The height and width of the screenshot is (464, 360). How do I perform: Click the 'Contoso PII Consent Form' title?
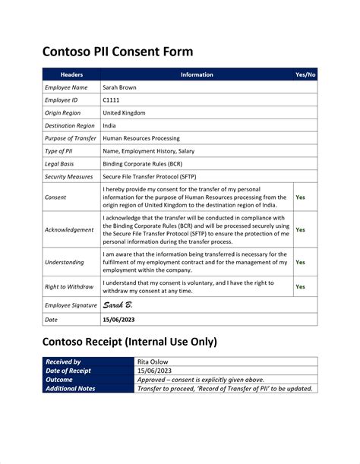117,52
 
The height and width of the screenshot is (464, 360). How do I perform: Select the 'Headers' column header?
71,75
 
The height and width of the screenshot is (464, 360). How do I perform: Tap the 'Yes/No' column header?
305,75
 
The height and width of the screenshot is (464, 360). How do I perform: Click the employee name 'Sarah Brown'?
120,88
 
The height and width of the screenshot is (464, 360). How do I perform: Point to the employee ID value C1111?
112,100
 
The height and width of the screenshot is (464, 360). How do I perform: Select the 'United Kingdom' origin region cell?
124,113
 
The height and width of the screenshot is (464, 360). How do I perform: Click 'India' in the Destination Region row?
109,125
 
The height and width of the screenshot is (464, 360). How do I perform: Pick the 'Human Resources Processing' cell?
141,138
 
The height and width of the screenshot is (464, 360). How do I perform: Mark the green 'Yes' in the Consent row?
300,197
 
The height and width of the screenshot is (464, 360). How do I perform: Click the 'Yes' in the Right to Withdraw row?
300,287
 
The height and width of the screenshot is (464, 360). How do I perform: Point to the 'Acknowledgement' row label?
69,229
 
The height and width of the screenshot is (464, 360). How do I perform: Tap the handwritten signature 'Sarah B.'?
120,305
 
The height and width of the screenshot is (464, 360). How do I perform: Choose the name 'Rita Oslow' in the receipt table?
154,362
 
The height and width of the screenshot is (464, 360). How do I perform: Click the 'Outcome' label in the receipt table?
59,379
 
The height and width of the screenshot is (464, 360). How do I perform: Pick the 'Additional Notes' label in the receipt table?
71,388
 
